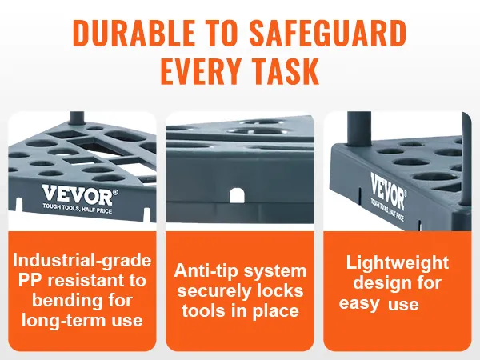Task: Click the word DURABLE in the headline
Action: point(134,33)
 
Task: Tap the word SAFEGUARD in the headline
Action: point(328,33)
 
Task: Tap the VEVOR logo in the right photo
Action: point(388,190)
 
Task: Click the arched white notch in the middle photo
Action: point(237,195)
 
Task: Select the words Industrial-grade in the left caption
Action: point(82,261)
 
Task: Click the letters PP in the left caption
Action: point(30,280)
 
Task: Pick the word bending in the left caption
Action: point(61,301)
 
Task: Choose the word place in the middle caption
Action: point(275,311)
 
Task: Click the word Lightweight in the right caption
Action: point(398,263)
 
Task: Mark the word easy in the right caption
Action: point(359,304)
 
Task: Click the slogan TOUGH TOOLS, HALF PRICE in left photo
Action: point(78,208)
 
